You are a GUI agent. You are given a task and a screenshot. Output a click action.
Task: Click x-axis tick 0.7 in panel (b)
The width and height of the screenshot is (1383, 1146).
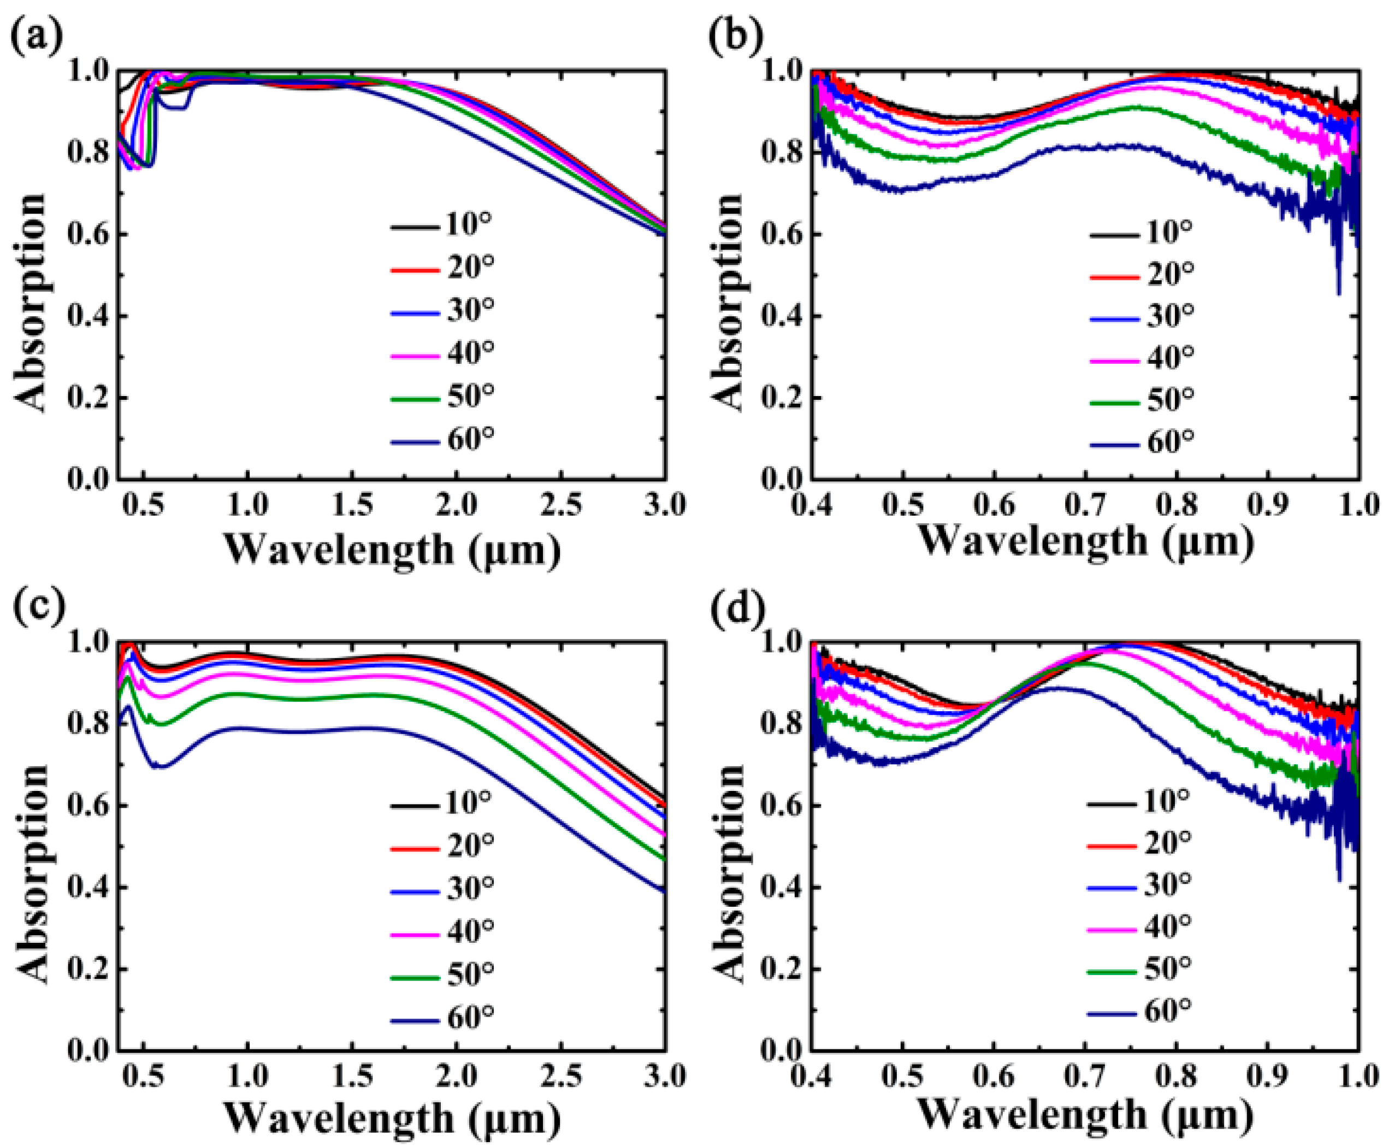1085,506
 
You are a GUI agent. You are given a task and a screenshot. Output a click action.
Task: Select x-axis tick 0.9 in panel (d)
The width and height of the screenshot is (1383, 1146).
1268,1078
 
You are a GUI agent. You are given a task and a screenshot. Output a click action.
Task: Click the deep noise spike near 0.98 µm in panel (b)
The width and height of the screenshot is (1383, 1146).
1338,290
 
